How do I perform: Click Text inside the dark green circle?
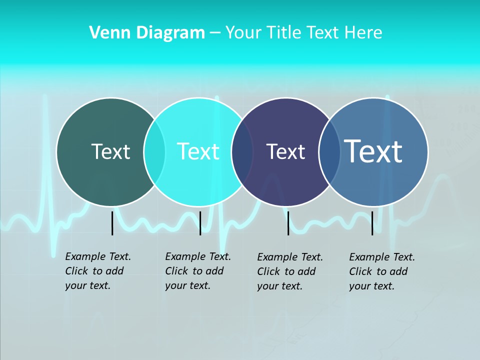(x=110, y=151)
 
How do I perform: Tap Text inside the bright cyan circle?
(x=198, y=151)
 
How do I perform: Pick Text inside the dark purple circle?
(x=285, y=151)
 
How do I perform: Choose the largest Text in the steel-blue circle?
(x=373, y=151)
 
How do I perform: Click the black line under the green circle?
(x=112, y=223)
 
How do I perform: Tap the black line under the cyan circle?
(x=200, y=223)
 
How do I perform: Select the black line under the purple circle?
(x=288, y=223)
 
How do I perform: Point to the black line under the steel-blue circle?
(x=372, y=223)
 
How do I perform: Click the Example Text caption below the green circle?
(x=97, y=271)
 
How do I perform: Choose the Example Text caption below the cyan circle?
(x=197, y=271)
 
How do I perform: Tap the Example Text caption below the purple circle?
(x=289, y=271)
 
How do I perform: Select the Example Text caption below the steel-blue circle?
(x=381, y=271)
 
